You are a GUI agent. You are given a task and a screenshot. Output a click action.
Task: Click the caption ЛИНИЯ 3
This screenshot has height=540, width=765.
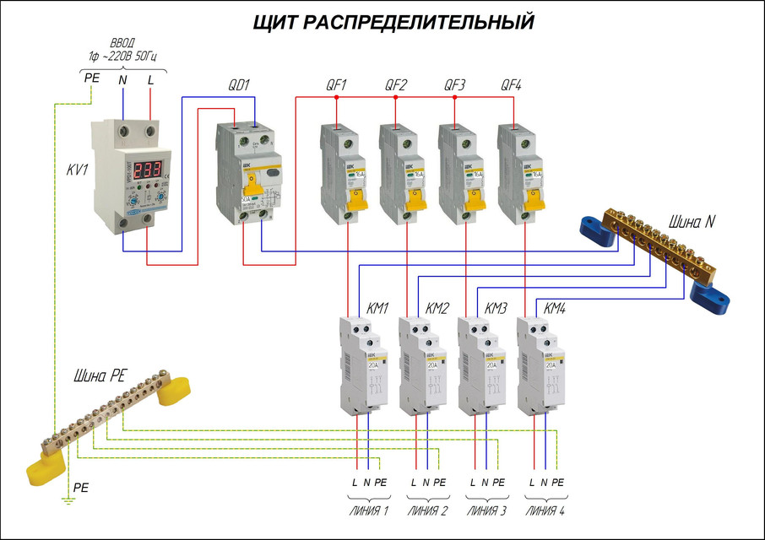(x=486, y=510)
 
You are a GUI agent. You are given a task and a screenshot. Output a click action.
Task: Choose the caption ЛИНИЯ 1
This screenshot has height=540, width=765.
(x=368, y=510)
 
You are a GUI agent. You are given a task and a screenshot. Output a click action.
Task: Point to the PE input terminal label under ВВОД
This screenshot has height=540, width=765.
(x=91, y=79)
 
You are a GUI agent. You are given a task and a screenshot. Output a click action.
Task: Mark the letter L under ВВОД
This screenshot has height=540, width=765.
(x=151, y=79)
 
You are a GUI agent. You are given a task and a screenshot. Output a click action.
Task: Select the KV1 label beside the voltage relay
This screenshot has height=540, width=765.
(x=79, y=170)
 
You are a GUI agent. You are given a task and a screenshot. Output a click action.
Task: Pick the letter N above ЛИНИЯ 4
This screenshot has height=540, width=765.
(x=544, y=483)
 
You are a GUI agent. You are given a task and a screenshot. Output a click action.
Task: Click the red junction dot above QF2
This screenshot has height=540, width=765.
(x=395, y=98)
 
